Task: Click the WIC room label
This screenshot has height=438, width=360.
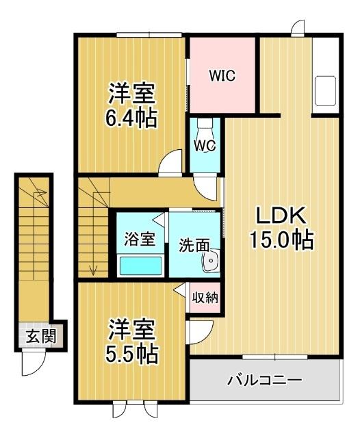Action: coord(222,76)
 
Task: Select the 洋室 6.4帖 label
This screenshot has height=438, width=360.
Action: coord(131,106)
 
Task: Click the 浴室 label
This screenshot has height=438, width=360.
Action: coord(139,240)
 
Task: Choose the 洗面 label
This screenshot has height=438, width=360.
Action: coord(194,244)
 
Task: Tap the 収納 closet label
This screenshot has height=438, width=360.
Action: coord(204,298)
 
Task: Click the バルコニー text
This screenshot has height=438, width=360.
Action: coord(264,378)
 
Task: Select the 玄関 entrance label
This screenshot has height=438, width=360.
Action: coord(37,336)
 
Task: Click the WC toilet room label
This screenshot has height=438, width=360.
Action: coord(205,146)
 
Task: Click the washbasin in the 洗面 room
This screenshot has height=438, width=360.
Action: coord(211,261)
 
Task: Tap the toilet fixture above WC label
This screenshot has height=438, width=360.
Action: coord(205,128)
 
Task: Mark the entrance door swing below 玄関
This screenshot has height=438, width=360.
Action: coord(33,363)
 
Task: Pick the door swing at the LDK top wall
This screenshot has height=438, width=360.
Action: coord(298,29)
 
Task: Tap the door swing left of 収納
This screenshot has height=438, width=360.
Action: coord(180,291)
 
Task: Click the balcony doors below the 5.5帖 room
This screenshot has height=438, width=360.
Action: coord(135,412)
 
